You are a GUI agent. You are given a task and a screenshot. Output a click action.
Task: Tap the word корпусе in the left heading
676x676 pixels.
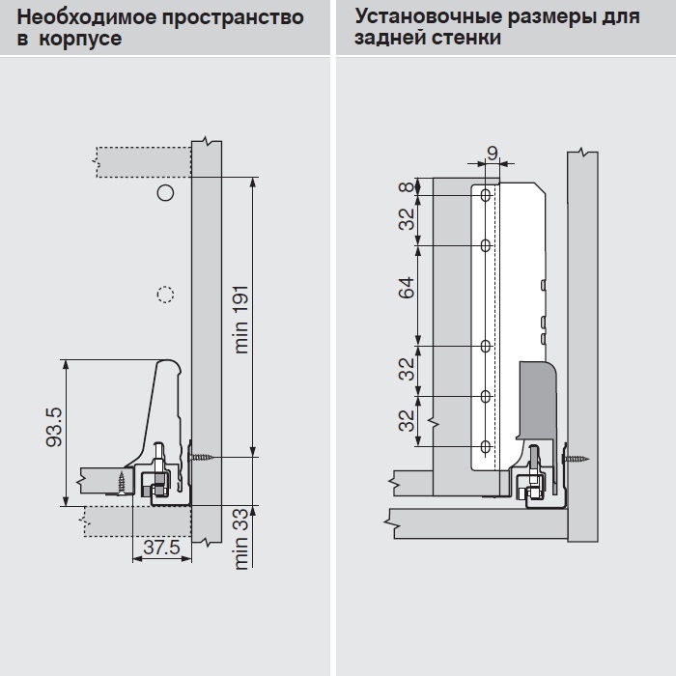(81, 40)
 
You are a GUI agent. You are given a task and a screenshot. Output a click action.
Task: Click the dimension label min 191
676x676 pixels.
(241, 318)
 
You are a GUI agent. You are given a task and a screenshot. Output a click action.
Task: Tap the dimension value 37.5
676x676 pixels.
(161, 548)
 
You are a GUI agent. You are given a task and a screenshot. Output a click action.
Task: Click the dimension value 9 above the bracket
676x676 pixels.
(492, 153)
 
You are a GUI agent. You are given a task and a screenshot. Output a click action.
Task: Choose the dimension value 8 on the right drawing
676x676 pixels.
(407, 187)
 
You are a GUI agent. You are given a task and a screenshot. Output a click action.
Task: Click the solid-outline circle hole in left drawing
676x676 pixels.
(165, 193)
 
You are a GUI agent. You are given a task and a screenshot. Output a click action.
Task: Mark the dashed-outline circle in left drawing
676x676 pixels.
(165, 294)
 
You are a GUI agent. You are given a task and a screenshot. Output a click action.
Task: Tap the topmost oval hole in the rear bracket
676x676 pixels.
(487, 196)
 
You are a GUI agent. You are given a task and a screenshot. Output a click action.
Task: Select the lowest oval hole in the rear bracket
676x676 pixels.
(487, 447)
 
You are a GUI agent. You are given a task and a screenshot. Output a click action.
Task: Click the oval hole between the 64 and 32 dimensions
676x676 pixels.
(487, 345)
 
